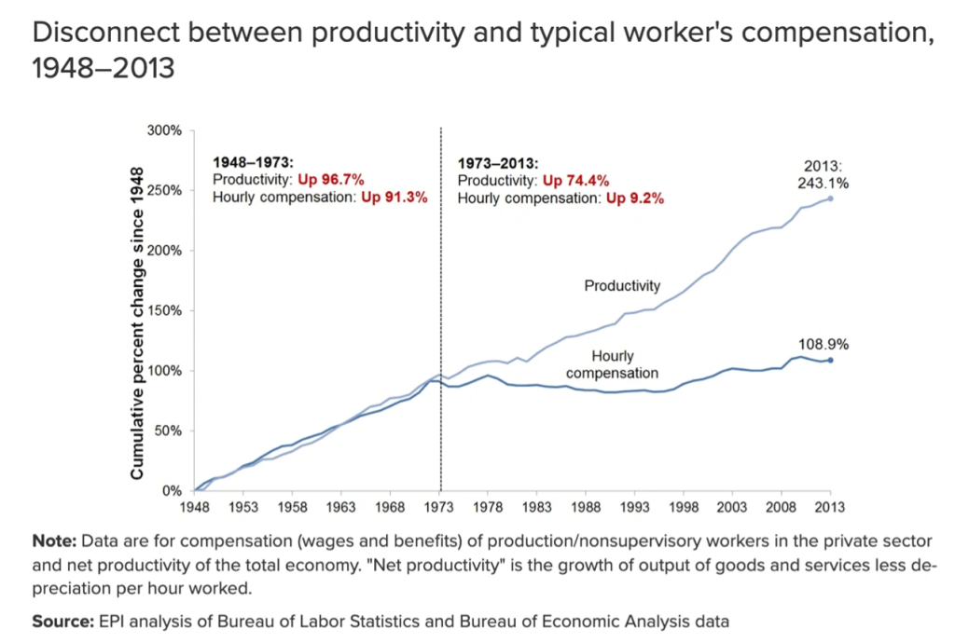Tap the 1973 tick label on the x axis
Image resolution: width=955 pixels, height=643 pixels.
click(439, 507)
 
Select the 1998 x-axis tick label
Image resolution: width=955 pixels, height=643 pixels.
click(684, 507)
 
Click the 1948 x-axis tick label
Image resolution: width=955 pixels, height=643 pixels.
click(195, 507)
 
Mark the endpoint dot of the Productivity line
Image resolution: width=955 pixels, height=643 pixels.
click(830, 198)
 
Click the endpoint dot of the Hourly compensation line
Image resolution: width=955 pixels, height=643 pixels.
click(830, 360)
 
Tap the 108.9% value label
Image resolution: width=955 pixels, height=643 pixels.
click(824, 343)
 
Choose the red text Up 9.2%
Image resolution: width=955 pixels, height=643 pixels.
click(634, 197)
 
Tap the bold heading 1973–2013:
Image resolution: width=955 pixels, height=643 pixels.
click(498, 163)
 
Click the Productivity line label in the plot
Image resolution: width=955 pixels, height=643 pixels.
click(622, 286)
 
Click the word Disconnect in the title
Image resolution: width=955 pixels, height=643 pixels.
click(104, 33)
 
